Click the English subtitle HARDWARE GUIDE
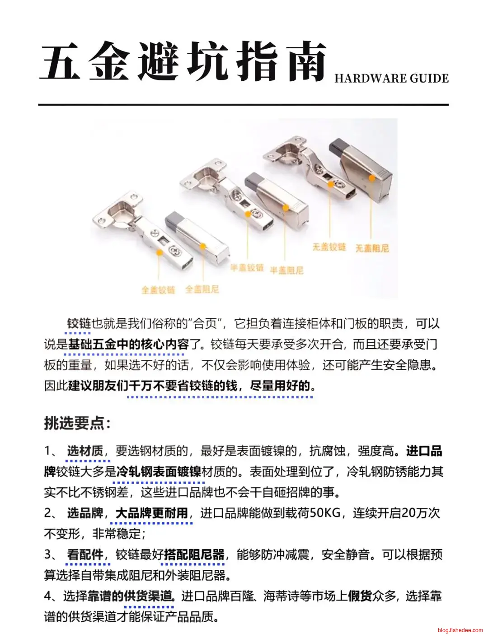click(x=391, y=79)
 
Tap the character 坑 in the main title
click(x=207, y=61)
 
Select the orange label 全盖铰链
click(x=158, y=290)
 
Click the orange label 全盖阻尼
click(x=202, y=289)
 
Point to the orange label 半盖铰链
click(x=247, y=268)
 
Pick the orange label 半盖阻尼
click(x=287, y=270)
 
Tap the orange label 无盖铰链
click(x=329, y=247)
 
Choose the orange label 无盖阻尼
click(x=372, y=248)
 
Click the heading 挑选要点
click(x=77, y=423)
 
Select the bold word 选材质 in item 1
click(x=85, y=451)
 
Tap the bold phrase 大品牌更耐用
click(x=151, y=513)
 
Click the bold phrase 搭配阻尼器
click(x=194, y=554)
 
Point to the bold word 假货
click(x=360, y=596)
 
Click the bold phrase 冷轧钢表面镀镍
click(x=159, y=472)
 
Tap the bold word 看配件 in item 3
click(x=85, y=554)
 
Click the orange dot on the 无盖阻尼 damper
click(x=372, y=178)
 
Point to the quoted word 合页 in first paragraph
click(x=205, y=323)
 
